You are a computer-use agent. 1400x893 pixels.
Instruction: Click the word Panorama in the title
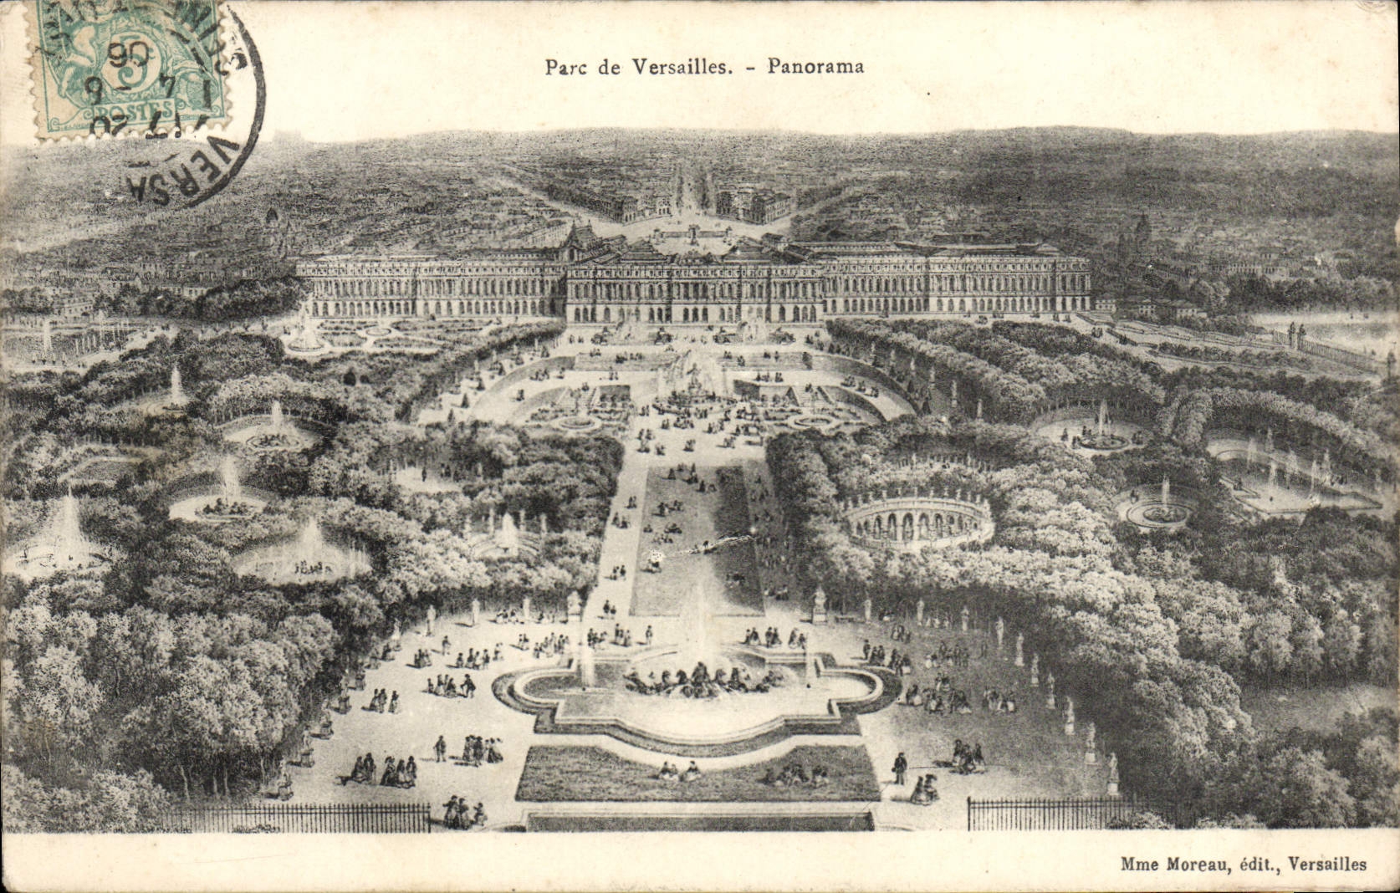(815, 67)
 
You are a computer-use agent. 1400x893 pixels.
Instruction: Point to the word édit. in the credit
(1255, 865)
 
